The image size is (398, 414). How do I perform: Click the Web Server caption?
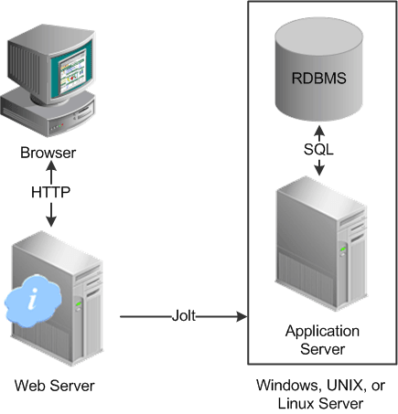click(54, 385)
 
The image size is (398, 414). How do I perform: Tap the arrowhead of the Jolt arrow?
click(242, 317)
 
